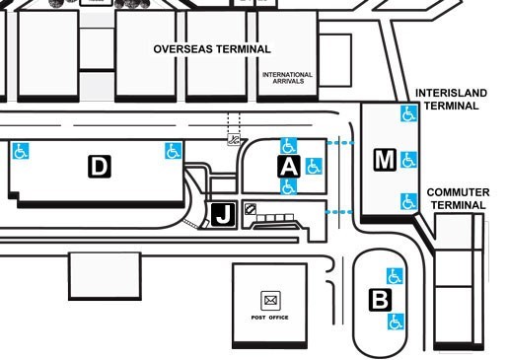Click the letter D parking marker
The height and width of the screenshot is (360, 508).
pyautogui.click(x=99, y=167)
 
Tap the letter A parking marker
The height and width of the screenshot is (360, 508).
pyautogui.click(x=288, y=166)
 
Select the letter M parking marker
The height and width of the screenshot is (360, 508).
pyautogui.click(x=385, y=159)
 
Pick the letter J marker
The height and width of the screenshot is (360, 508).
pyautogui.click(x=223, y=214)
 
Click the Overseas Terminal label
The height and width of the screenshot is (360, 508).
pyautogui.click(x=212, y=48)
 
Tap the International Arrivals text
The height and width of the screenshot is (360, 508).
pyautogui.click(x=287, y=78)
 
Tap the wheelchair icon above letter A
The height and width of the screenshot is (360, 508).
pyautogui.click(x=289, y=145)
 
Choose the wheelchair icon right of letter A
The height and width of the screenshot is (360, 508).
pyautogui.click(x=314, y=165)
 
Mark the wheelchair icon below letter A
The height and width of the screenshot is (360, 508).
pyautogui.click(x=288, y=186)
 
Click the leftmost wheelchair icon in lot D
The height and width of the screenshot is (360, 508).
pyautogui.click(x=20, y=152)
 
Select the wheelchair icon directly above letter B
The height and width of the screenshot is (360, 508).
pyautogui.click(x=395, y=275)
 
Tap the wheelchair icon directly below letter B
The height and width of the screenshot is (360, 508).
pyautogui.click(x=396, y=322)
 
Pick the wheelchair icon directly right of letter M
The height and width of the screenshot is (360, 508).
pyautogui.click(x=409, y=159)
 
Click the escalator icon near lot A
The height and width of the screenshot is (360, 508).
pyautogui.click(x=234, y=140)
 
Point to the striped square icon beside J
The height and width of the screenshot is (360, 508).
pyautogui.click(x=251, y=209)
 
